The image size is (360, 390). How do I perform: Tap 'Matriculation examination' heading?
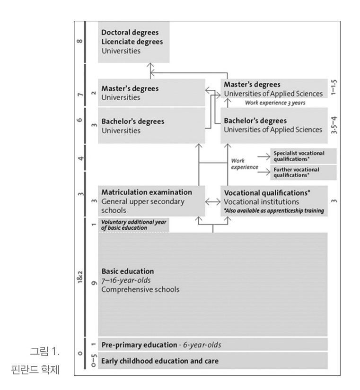click(x=147, y=192)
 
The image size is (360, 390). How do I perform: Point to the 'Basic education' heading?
click(x=128, y=271)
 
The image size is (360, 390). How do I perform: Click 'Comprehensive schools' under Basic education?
click(x=140, y=289)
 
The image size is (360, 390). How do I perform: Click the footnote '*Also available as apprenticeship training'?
click(x=273, y=210)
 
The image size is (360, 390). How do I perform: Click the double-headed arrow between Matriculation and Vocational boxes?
click(x=213, y=201)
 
